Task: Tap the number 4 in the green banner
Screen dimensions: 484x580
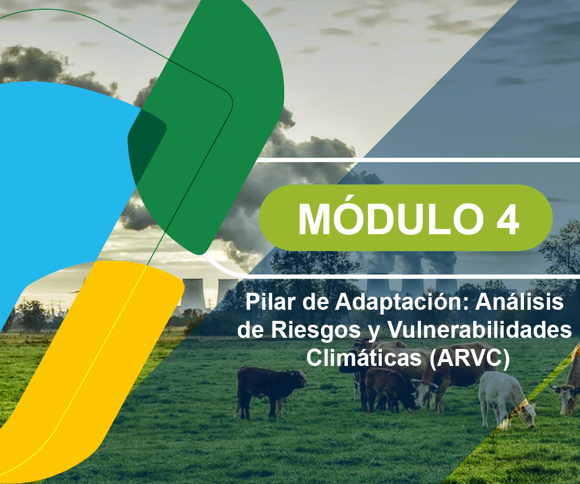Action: pyautogui.click(x=507, y=219)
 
